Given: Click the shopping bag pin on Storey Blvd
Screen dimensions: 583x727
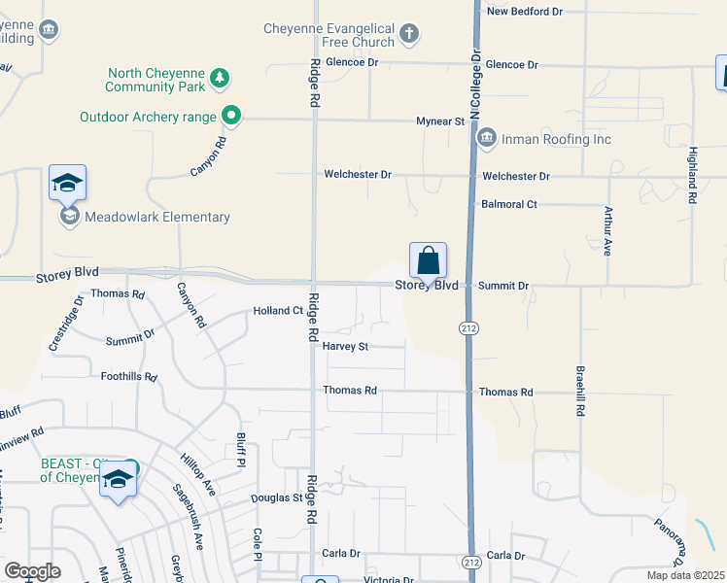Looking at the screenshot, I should (428, 260).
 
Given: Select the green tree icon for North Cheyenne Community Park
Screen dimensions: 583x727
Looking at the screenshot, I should (221, 79).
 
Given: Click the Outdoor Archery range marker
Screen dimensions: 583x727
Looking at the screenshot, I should (230, 117).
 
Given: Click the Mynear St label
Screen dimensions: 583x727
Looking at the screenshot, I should (440, 121).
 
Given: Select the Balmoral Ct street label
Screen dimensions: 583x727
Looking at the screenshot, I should (509, 205).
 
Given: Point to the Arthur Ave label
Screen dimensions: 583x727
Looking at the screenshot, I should (607, 231).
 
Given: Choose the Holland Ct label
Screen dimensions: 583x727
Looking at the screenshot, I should (278, 311).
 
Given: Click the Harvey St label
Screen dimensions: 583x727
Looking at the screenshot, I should (345, 346).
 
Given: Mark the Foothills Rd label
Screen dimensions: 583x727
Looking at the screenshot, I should (128, 376).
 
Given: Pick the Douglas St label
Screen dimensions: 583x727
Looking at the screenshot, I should (277, 497).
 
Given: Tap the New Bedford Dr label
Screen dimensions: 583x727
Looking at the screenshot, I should (525, 12).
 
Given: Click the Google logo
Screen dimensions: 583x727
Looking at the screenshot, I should (32, 571).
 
